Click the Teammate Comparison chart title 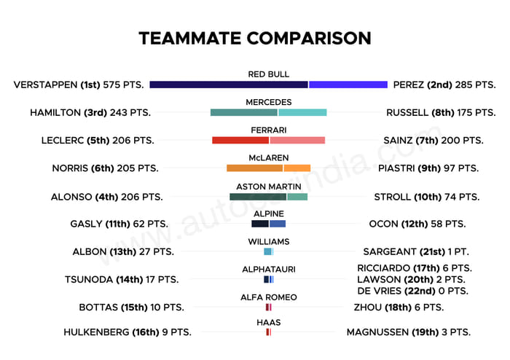tap(255, 38)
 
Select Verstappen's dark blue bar tap(229, 85)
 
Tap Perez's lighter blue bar tap(348, 85)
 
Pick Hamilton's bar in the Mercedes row tap(243, 112)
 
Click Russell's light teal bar tap(302, 112)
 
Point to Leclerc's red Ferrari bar tap(240, 140)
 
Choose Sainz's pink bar tap(297, 140)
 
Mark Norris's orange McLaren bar tap(254, 168)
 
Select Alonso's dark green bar tap(257, 197)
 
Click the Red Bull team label tap(268, 74)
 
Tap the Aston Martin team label tap(268, 187)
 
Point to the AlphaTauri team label tap(268, 270)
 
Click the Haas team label tap(268, 322)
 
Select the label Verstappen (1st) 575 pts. tap(79, 85)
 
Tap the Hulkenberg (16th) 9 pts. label tap(127, 332)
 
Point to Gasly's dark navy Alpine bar tap(260, 224)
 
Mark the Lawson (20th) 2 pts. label tap(409, 279)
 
